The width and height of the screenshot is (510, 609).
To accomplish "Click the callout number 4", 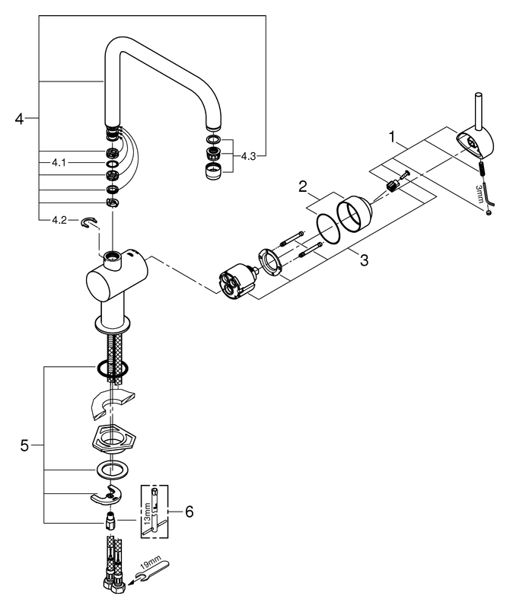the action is [19, 118].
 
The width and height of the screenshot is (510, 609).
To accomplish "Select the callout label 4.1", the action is [59, 163].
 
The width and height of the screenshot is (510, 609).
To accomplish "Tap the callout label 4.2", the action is [59, 220].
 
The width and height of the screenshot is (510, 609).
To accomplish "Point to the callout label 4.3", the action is [248, 156].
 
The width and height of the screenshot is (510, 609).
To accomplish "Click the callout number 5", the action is [24, 445].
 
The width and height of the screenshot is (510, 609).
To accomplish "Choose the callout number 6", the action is [190, 512].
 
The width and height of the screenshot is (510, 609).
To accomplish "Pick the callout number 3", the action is [364, 260].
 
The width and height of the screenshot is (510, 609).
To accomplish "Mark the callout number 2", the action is [303, 187].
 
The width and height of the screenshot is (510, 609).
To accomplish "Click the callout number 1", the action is [392, 136].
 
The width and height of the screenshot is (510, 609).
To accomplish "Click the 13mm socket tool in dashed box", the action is [155, 512].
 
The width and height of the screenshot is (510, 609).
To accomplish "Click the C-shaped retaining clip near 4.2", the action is [89, 222].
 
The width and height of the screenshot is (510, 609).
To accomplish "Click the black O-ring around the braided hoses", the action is [112, 368].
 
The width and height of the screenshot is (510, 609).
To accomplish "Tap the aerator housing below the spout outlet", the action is [213, 171].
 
